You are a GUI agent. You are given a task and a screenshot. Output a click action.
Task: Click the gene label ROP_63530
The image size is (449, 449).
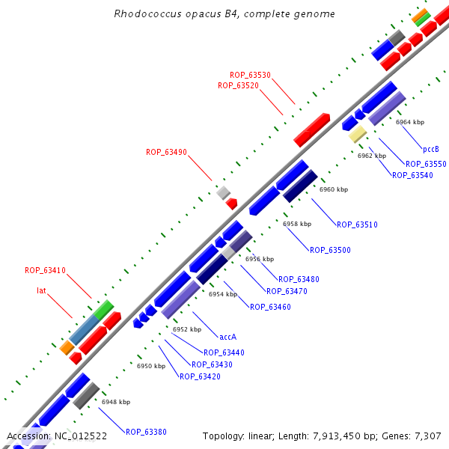(250, 75)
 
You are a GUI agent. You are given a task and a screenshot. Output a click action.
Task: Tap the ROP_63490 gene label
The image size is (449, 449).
(166, 152)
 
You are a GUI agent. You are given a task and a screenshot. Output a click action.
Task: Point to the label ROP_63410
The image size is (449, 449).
(45, 270)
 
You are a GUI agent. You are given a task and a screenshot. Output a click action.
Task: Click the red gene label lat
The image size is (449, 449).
(42, 290)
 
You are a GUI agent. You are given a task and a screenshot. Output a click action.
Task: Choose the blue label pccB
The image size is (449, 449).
(431, 149)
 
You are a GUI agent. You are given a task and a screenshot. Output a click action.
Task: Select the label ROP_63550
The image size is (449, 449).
(426, 164)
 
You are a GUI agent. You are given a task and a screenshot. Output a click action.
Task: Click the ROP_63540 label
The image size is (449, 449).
(412, 175)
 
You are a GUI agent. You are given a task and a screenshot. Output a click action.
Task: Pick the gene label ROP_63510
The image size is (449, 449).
(357, 224)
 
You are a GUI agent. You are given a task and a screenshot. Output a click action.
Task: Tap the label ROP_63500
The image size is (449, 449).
(330, 250)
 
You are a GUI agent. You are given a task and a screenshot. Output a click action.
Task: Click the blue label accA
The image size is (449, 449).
(228, 336)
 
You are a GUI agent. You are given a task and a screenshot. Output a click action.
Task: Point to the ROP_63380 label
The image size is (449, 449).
(146, 432)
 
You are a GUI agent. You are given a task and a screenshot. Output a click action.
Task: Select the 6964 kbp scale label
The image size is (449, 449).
(410, 122)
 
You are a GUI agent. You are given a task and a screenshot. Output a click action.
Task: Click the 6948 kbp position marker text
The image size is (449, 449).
(116, 402)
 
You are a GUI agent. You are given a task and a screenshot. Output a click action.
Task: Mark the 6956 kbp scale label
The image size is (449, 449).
(260, 259)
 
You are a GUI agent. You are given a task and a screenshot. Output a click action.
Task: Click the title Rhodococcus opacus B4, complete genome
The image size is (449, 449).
(224, 14)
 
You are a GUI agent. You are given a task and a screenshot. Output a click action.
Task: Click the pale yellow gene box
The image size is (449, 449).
(357, 134)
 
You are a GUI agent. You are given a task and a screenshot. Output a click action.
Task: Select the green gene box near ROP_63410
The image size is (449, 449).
(103, 308)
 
